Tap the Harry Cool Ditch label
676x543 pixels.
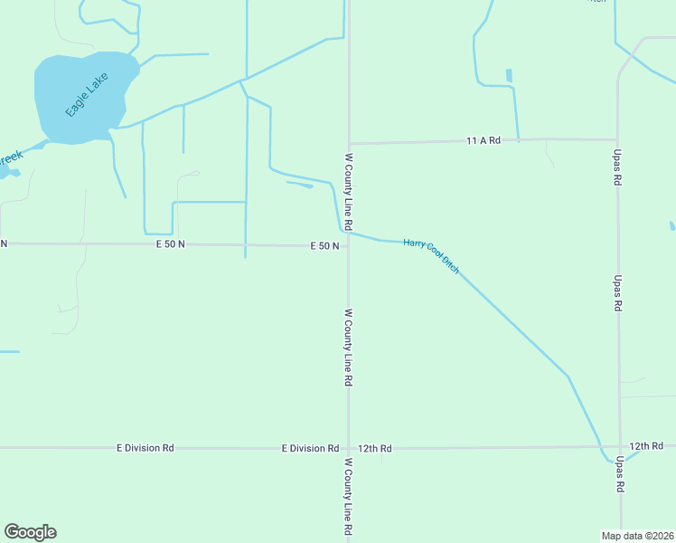coord(431,256)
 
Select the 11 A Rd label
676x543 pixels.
coord(483,140)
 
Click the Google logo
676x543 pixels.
coord(30,532)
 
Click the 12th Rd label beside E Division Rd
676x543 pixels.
coord(374,448)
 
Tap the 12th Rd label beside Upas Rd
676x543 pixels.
coord(646,446)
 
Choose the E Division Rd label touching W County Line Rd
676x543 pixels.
coord(310,448)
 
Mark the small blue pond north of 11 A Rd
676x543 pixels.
coord(509,76)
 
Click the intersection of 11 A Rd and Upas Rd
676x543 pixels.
coord(618,139)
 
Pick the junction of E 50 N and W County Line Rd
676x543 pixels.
coord(349,245)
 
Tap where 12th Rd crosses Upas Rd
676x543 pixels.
coord(620,447)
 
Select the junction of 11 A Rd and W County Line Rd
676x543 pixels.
coord(349,143)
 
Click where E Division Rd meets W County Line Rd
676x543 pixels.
coord(349,448)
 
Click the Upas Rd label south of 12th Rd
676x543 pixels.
coord(620,473)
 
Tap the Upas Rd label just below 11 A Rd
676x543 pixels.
coord(618,168)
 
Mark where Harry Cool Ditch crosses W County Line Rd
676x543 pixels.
coord(349,233)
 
